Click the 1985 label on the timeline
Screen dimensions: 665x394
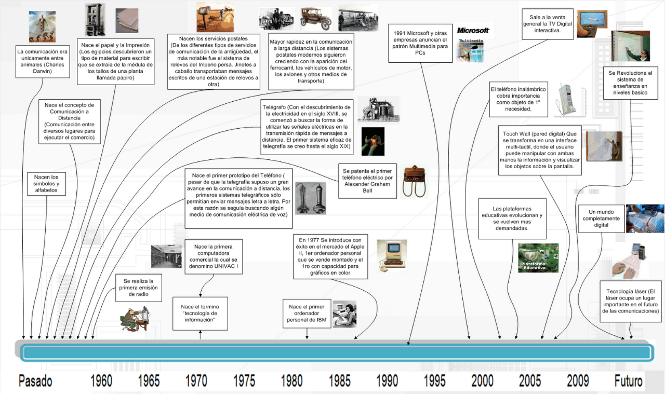(340, 381)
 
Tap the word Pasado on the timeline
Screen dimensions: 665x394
(35, 381)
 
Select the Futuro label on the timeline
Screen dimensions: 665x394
(628, 381)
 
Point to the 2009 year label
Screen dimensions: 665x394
(578, 381)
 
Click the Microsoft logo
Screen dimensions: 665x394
(473, 30)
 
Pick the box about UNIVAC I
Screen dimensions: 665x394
(214, 256)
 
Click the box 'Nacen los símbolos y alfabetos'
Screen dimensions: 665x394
(46, 184)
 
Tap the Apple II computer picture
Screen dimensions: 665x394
(392, 256)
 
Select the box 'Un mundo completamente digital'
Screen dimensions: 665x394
(601, 219)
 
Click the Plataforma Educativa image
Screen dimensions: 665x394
(538, 258)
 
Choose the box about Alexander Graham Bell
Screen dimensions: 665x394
(367, 181)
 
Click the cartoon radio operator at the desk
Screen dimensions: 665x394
(135, 319)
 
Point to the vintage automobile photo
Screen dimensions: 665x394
(316, 19)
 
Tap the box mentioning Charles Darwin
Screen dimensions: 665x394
(43, 61)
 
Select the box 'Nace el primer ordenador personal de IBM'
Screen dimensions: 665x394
(307, 314)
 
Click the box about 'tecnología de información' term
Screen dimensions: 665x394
(200, 314)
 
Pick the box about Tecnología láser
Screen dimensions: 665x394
(631, 302)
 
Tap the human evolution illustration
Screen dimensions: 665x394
(42, 26)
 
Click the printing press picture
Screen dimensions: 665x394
(95, 20)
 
